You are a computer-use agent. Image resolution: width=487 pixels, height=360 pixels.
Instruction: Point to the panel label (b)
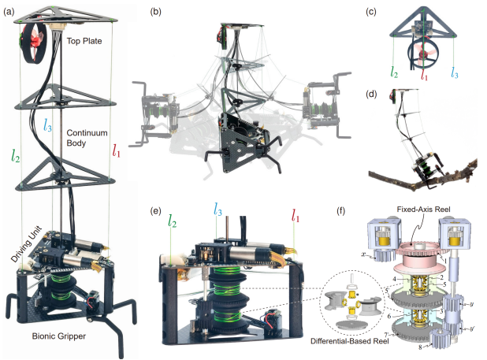[x=156, y=11]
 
